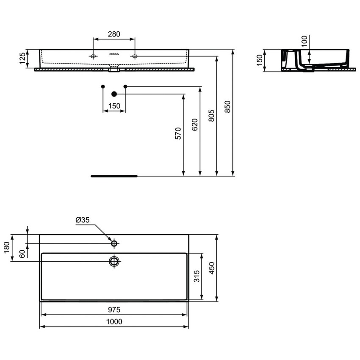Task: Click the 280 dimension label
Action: click(x=114, y=34)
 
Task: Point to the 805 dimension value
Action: click(x=211, y=115)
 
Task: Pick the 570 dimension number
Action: click(x=178, y=133)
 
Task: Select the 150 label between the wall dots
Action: click(x=114, y=106)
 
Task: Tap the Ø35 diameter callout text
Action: click(x=83, y=220)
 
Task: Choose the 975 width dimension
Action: click(x=114, y=310)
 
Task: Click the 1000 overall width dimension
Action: click(x=114, y=322)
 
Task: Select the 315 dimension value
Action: click(x=208, y=277)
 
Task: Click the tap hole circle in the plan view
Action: click(x=114, y=244)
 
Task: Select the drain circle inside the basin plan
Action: click(x=114, y=260)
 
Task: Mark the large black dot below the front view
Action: click(x=114, y=94)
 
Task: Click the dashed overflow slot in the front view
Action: click(x=114, y=54)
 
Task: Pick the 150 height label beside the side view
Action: click(x=260, y=61)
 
